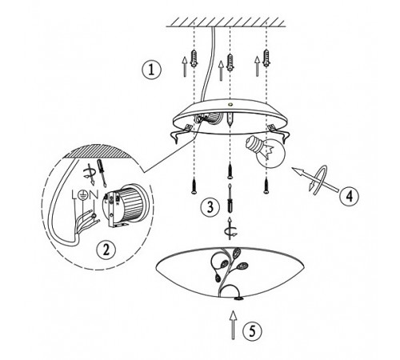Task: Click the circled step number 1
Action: (x=151, y=70)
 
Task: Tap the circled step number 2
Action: (x=106, y=250)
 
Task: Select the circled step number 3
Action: (x=210, y=207)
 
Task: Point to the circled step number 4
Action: (x=350, y=196)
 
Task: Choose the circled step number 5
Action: (x=252, y=330)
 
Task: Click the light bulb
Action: (x=266, y=151)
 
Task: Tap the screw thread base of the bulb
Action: (x=254, y=143)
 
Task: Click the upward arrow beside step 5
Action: (x=234, y=325)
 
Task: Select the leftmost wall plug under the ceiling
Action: (x=194, y=58)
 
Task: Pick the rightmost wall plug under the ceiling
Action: (x=266, y=58)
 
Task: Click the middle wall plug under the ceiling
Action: (x=230, y=62)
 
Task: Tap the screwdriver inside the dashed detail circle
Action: (x=102, y=173)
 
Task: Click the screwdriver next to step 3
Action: (x=230, y=198)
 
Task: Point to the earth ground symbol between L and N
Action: (x=83, y=195)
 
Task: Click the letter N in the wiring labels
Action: (x=93, y=195)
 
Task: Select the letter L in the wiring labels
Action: (x=75, y=195)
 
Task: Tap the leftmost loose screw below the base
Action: (x=194, y=186)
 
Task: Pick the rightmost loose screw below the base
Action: (x=266, y=186)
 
